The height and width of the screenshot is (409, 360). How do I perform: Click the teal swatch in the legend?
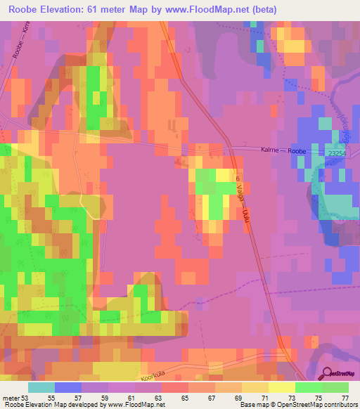(x=41, y=387)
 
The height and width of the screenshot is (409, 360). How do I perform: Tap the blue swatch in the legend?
(x=68, y=387)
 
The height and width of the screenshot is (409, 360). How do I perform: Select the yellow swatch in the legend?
(x=282, y=387)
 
